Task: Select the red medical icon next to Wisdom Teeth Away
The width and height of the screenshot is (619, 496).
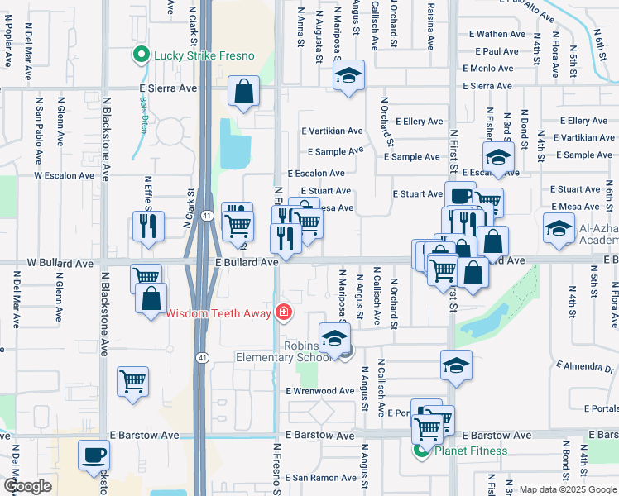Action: pos(284,312)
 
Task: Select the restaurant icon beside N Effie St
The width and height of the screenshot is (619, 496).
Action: pos(148,227)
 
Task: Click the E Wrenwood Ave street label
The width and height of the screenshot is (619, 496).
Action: pos(320,391)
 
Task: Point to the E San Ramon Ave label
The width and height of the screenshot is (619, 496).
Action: pos(321,478)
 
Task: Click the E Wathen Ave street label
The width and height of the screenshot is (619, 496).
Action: pos(501,34)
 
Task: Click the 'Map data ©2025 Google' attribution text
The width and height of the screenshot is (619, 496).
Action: pos(567,489)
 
